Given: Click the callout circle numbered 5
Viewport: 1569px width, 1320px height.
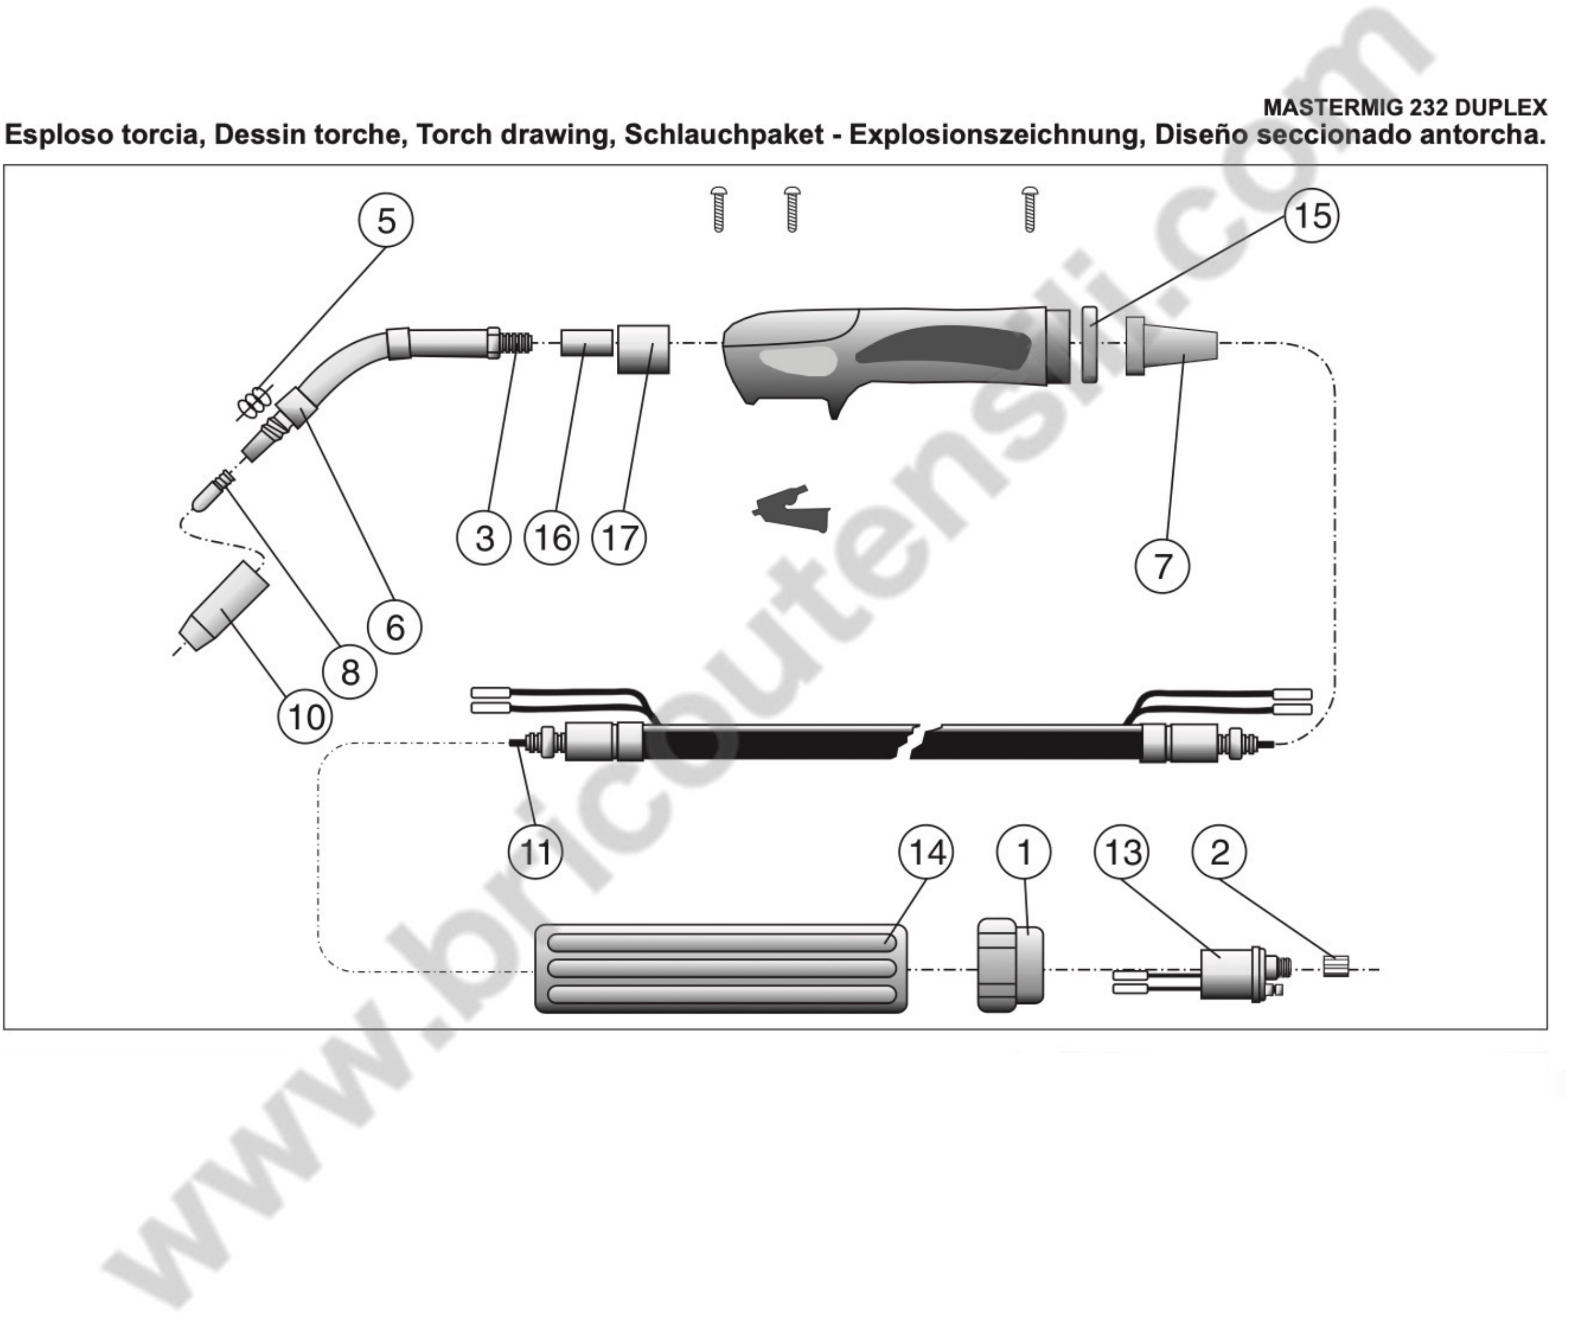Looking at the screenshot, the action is pos(386,221).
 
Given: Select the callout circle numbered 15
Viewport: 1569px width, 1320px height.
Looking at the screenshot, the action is pos(1311,215).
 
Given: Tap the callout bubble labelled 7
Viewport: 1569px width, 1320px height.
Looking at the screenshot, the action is pos(1162,566).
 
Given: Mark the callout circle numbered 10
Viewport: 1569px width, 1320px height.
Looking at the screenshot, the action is pos(305,717).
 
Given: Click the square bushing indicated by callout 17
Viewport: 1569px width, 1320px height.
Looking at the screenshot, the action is pos(643,348).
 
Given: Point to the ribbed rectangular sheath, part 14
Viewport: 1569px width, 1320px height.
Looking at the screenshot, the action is pos(720,968).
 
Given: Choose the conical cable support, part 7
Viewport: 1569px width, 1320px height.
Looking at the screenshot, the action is pos(1171,347).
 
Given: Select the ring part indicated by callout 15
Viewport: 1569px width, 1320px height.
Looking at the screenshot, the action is pos(1089,344).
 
